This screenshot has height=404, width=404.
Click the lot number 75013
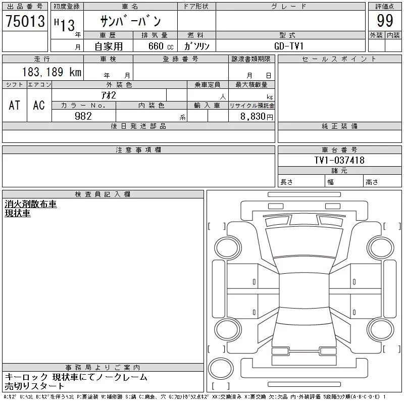point(25,21)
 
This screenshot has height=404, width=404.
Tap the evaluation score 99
point(385,21)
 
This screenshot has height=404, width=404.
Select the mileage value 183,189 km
point(52,72)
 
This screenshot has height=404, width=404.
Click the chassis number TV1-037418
point(339,160)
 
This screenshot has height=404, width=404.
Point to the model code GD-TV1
point(288,46)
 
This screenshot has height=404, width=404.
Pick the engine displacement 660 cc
point(161,46)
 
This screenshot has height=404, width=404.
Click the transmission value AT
point(15,105)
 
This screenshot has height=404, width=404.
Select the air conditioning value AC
point(39,105)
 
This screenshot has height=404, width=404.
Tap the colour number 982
point(83,116)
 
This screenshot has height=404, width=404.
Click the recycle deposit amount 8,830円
point(257,117)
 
